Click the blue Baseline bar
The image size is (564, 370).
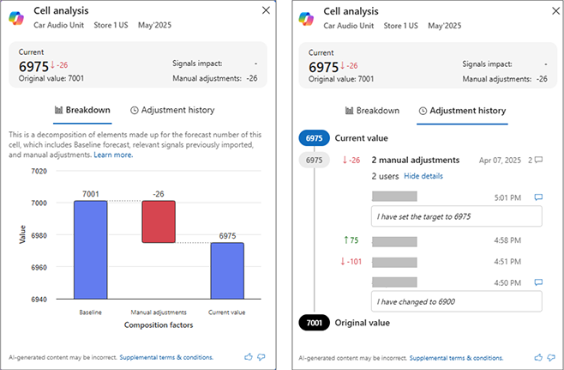pos(90,250)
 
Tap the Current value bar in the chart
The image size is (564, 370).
pos(227,270)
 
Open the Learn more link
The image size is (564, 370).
pos(113,155)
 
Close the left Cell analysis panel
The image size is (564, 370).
pos(265,11)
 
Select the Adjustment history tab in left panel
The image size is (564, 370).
pos(172,110)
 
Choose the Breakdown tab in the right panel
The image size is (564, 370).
pos(372,110)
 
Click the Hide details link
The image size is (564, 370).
pos(423,176)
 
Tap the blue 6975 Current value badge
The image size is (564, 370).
pos(314,138)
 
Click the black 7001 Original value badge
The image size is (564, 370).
pos(314,323)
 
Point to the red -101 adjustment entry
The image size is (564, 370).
pos(351,261)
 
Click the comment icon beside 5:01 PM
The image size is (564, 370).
pos(538,197)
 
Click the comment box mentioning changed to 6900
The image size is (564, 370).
pos(456,301)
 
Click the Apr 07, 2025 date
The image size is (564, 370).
pos(499,160)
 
